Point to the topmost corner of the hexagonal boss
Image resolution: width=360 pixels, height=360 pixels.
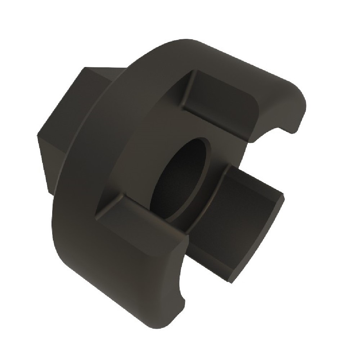(x=85, y=67)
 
